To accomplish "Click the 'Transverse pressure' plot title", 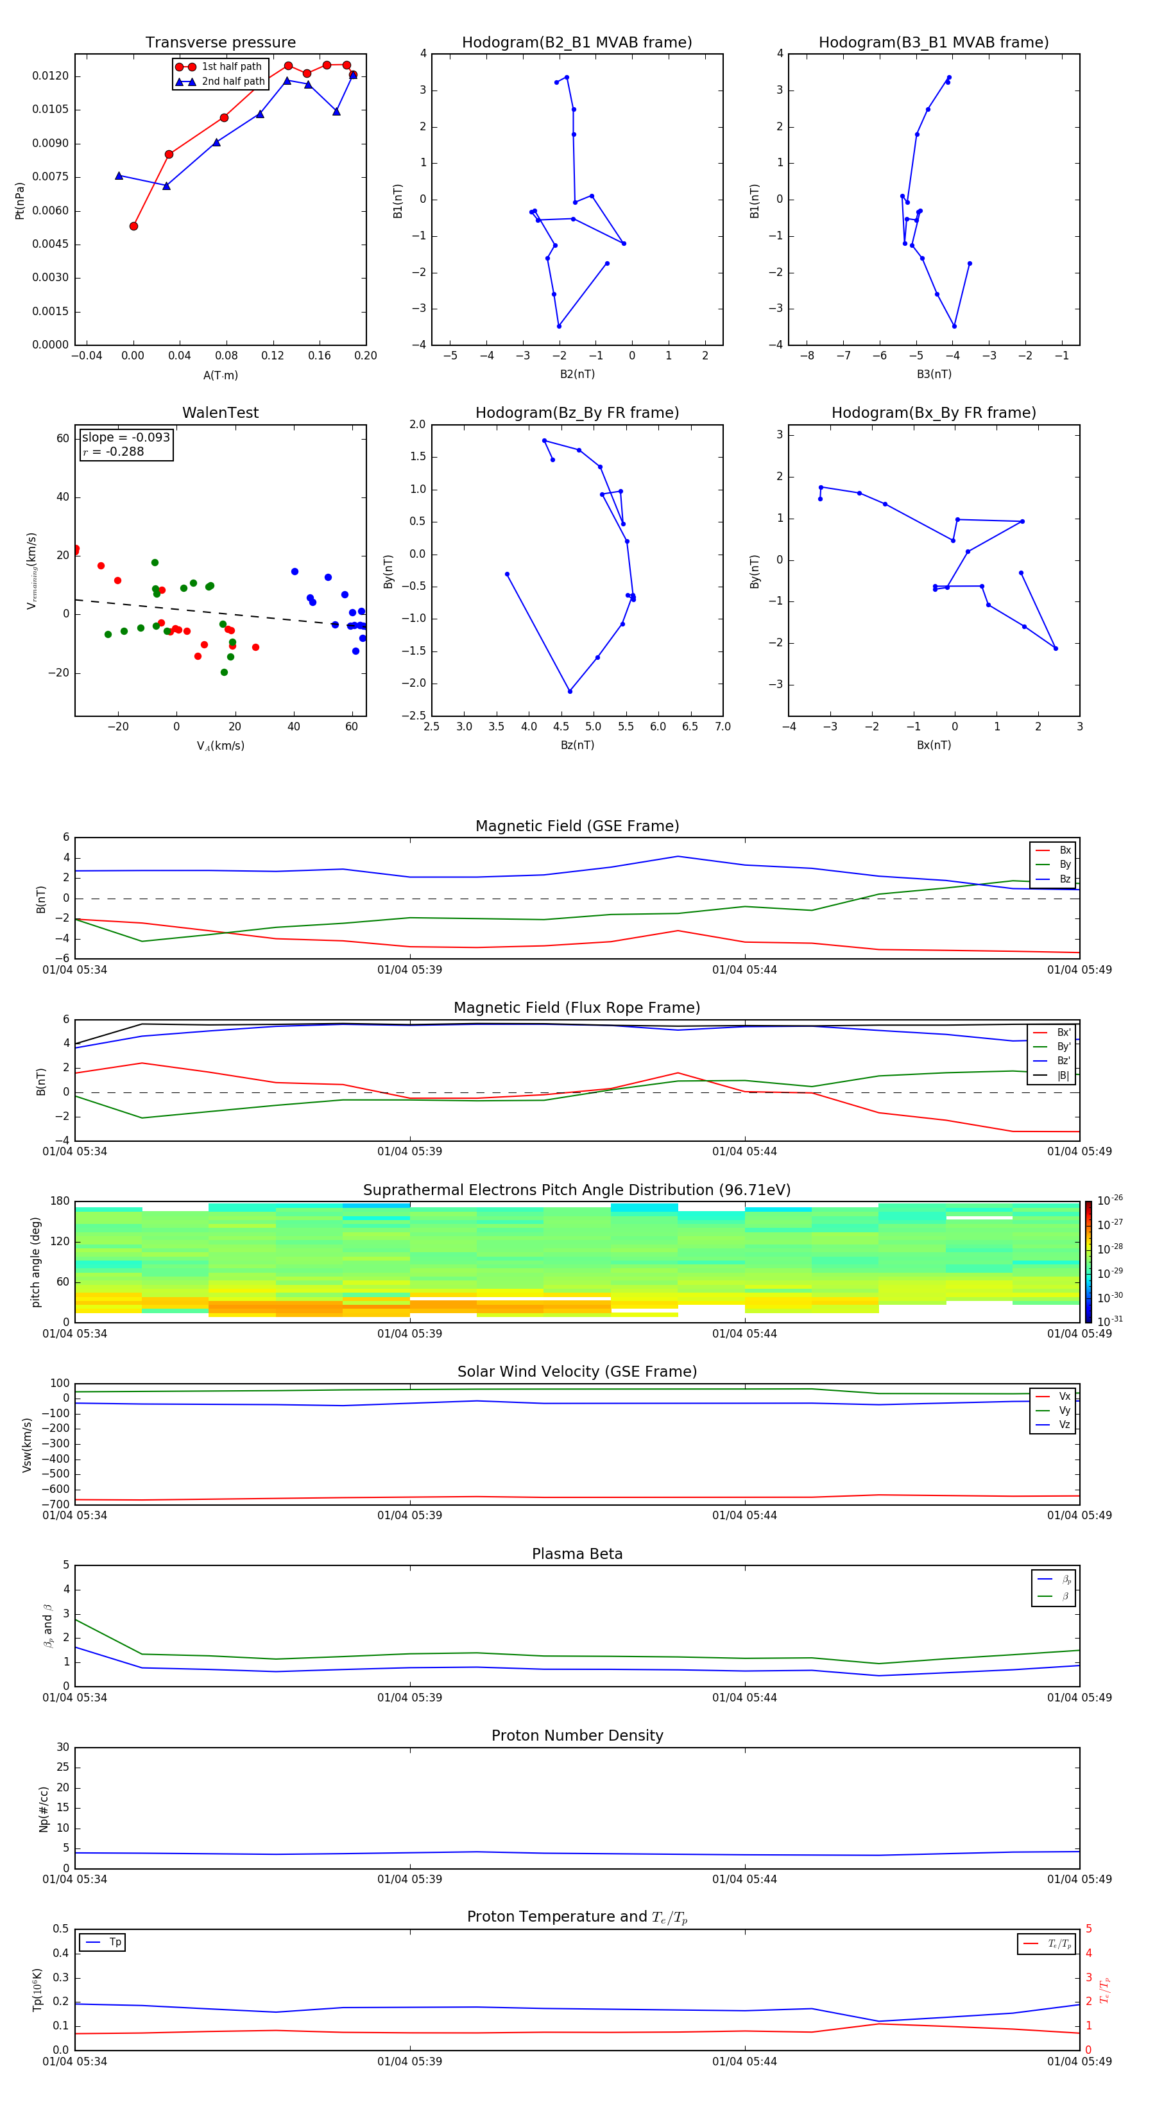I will (220, 43).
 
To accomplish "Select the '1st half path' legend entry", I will (231, 67).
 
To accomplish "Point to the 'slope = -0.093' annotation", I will (126, 438).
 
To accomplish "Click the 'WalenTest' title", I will (220, 413).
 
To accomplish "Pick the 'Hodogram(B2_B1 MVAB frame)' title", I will (576, 43).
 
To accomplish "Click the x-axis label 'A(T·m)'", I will (220, 375).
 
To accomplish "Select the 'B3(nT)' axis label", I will (934, 374).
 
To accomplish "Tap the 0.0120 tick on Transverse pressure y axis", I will (50, 76).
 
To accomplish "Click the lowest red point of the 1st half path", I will (134, 226).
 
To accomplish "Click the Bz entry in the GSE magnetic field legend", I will (1065, 879).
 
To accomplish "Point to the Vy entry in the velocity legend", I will (1065, 1410).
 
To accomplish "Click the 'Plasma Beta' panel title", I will (576, 1554).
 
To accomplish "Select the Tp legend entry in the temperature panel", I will (114, 1942).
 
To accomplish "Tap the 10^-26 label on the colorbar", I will (1109, 1200).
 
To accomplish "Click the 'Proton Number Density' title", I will (576, 1735).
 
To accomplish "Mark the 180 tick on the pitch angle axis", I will (59, 1201).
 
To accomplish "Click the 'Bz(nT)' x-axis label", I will (576, 745).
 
